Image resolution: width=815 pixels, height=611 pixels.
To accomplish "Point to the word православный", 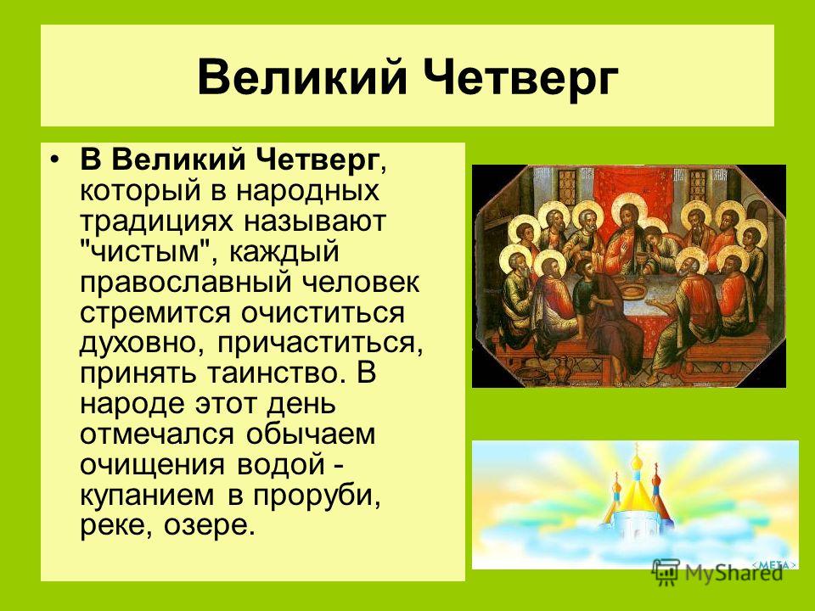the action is point(184,283).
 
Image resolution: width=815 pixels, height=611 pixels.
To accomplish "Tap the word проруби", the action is point(317,496).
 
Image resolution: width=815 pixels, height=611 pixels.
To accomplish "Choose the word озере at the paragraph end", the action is point(210,526).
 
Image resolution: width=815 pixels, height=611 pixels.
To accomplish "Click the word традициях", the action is point(156,221).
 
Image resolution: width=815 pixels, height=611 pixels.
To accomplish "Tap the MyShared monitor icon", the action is point(666,573).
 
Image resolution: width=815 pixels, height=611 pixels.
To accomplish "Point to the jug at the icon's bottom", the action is point(565,369).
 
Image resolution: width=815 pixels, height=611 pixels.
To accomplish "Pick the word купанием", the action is point(147,496).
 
